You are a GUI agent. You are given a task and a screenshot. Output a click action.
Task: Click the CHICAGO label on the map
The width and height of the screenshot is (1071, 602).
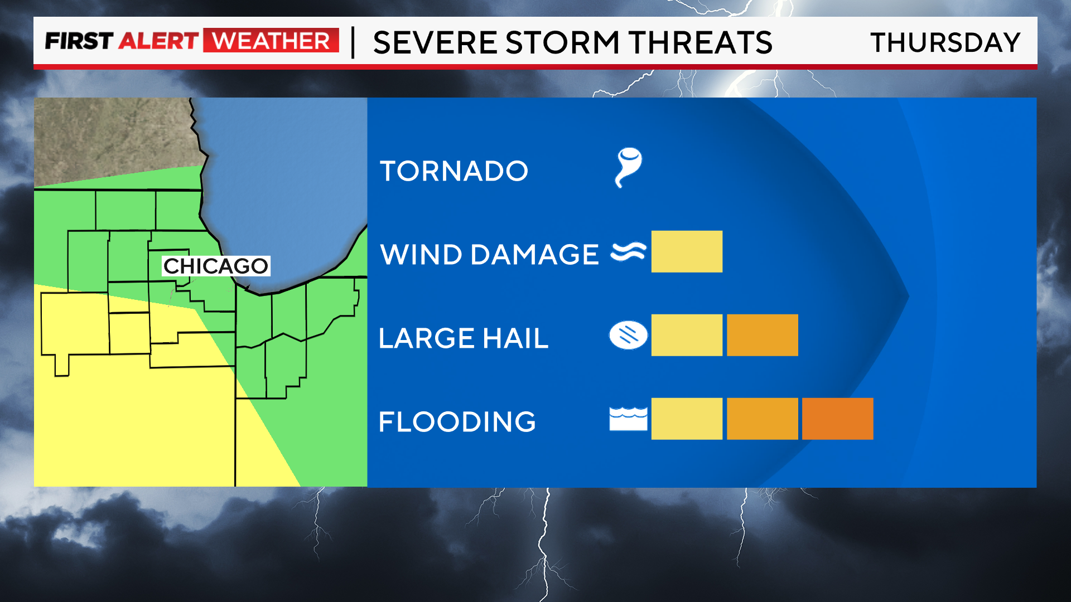coord(216,266)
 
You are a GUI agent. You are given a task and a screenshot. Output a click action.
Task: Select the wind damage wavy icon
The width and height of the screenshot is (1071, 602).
coord(629,252)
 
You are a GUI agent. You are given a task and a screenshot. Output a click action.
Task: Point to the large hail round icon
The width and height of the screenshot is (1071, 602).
coord(629,336)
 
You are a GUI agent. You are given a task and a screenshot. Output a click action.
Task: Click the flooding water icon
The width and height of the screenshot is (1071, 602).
coord(629,419)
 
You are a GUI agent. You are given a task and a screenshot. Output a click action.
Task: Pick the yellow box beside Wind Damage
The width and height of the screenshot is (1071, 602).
coord(687,251)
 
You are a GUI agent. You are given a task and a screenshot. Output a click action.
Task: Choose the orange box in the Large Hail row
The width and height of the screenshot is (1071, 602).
coord(762,335)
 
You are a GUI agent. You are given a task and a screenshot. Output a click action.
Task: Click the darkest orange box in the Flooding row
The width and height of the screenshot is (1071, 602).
coord(837,419)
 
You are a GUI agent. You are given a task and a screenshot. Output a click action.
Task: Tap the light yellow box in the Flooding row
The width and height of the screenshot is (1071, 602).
coord(687,419)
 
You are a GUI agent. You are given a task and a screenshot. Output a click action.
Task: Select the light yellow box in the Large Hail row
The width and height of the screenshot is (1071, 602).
coord(687,335)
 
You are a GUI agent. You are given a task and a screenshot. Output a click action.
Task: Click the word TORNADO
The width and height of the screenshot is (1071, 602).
coord(454,171)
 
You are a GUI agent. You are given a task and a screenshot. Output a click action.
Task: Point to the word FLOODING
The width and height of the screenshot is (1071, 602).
coord(457,422)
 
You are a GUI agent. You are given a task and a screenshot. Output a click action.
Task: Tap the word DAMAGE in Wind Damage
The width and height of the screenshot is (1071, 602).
coord(534,255)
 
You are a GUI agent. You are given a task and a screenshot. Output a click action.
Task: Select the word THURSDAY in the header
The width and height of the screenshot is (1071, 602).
coord(945,43)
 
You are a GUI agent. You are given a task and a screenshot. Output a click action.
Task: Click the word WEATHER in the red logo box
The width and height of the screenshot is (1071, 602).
coord(271,41)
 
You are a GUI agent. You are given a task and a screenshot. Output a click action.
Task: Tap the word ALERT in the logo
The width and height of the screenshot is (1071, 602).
coord(158,41)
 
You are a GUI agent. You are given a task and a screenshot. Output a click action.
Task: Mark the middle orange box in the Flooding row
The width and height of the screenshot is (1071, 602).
coord(762,419)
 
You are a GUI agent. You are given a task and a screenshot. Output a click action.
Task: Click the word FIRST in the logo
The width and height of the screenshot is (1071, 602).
coord(79,41)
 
